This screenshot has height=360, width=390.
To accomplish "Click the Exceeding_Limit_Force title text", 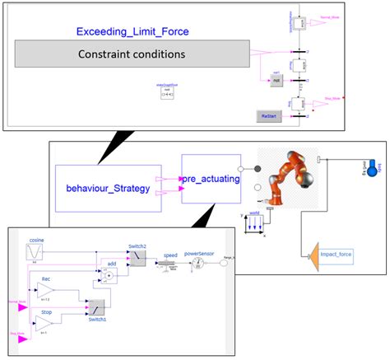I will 132,32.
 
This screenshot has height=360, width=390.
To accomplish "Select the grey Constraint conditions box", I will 132,54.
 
